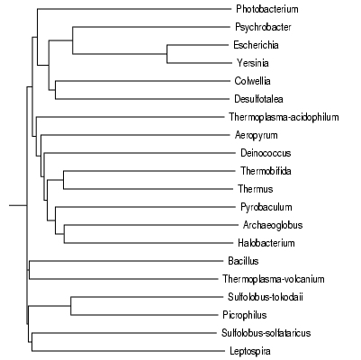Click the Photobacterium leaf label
(267, 9)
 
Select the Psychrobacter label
(263, 27)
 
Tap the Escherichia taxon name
(256, 45)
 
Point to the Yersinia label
(253, 63)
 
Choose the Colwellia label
(252, 81)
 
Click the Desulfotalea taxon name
(258, 99)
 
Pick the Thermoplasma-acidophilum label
(284, 117)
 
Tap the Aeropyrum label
(256, 135)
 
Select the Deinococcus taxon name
(266, 153)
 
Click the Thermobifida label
(266, 171)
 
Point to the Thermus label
(256, 189)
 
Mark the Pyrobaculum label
(266, 207)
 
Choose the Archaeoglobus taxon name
(273, 225)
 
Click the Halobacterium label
(266, 243)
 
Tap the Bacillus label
(243, 261)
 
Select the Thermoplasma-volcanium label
(274, 279)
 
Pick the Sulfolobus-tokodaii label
(266, 297)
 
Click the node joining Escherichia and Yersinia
(167, 54)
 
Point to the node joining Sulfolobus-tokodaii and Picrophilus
(71, 306)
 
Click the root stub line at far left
(18, 205)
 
